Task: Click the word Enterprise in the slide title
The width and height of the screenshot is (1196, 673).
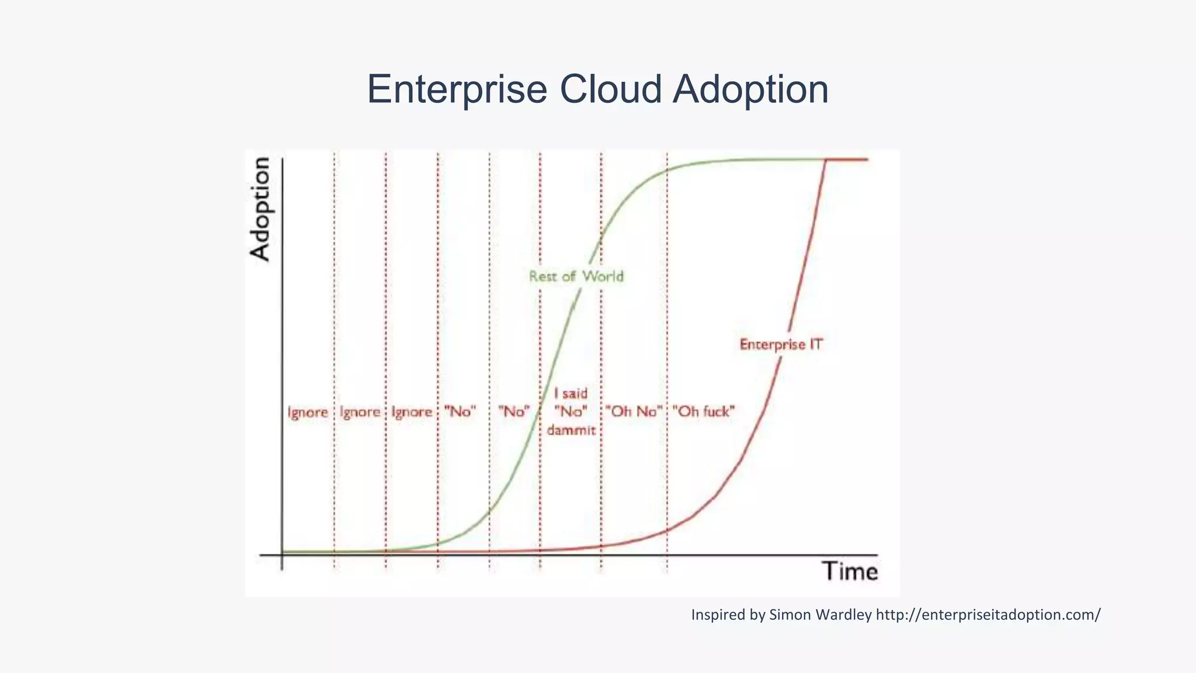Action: tap(457, 89)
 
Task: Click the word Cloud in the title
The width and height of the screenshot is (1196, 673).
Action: tap(611, 89)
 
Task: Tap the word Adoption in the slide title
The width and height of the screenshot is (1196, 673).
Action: tap(751, 89)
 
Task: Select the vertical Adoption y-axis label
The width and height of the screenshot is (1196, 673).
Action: tap(260, 209)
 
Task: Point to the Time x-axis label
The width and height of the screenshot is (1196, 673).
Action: tap(850, 571)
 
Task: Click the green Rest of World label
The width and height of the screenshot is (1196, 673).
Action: tap(576, 276)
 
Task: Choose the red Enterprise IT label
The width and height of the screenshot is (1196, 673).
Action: tap(781, 345)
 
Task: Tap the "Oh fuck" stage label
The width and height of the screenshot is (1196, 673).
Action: tap(703, 412)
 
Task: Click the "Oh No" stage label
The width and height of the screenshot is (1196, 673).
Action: tap(634, 412)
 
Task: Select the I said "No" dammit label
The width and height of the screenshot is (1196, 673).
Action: tap(571, 412)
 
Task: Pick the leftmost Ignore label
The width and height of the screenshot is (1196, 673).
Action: tap(308, 412)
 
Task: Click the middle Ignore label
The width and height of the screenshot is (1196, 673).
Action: tap(360, 412)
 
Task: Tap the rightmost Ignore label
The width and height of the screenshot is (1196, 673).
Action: tap(412, 412)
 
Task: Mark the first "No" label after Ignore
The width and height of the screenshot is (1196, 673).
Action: tap(460, 412)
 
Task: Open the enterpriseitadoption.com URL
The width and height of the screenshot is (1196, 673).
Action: tap(988, 615)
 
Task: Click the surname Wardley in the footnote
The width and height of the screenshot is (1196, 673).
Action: tap(844, 615)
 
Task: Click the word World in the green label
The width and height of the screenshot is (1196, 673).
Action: tap(603, 276)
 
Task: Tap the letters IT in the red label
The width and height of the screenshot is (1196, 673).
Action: tap(816, 345)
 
